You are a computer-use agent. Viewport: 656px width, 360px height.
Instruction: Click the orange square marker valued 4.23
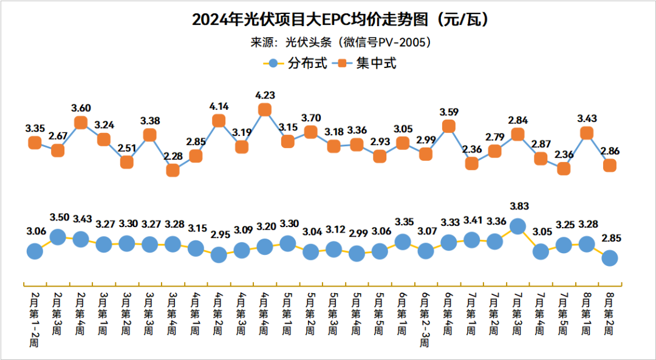264,109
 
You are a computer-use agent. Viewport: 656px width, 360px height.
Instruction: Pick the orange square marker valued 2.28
173,171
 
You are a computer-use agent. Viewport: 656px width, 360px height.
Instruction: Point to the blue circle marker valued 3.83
518,226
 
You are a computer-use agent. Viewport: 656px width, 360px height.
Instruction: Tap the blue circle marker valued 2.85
609,258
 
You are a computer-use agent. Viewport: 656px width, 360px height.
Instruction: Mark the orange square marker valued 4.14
219,121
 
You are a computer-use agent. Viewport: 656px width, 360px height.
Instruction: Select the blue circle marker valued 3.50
58,237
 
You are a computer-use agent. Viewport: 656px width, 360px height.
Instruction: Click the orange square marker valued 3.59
448,126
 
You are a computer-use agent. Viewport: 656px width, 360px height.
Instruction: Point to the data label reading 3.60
81,108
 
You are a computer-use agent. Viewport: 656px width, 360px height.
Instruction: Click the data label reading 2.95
219,234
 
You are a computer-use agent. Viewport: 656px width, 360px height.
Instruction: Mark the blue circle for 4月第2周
219,255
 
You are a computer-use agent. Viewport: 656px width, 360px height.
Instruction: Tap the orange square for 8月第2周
609,165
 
